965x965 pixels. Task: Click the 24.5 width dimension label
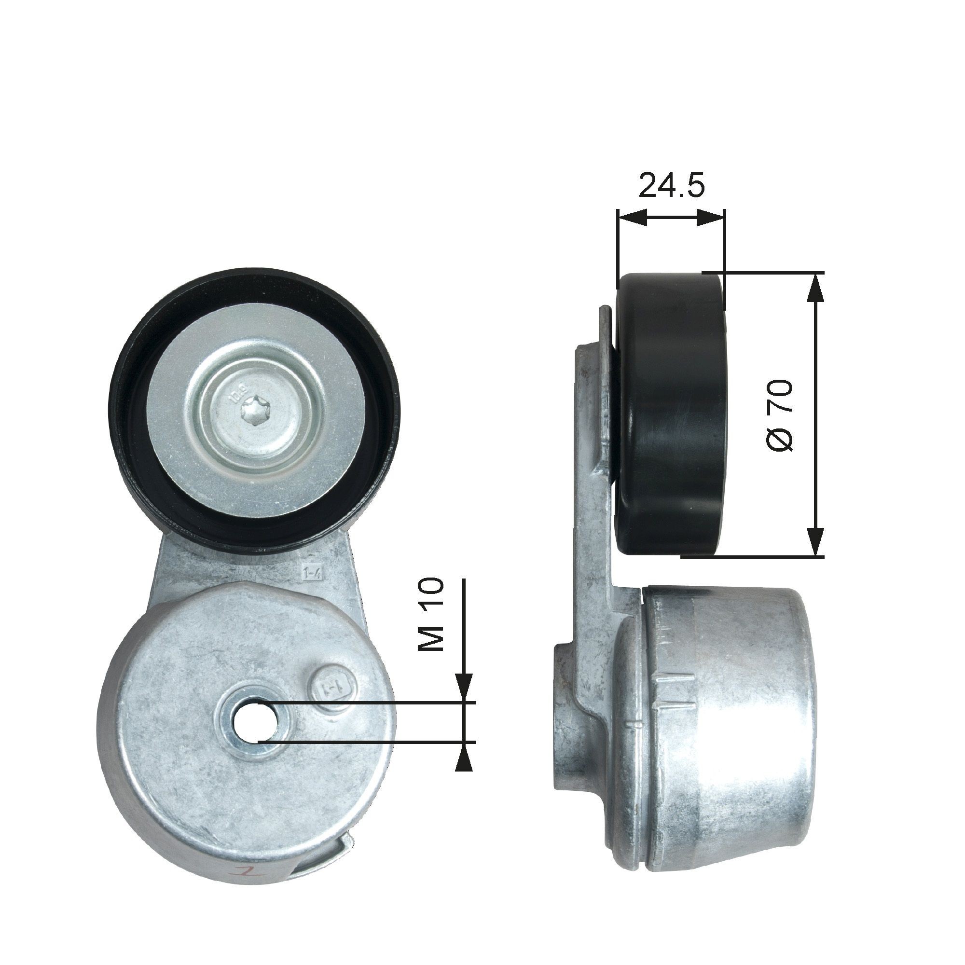(x=671, y=185)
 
